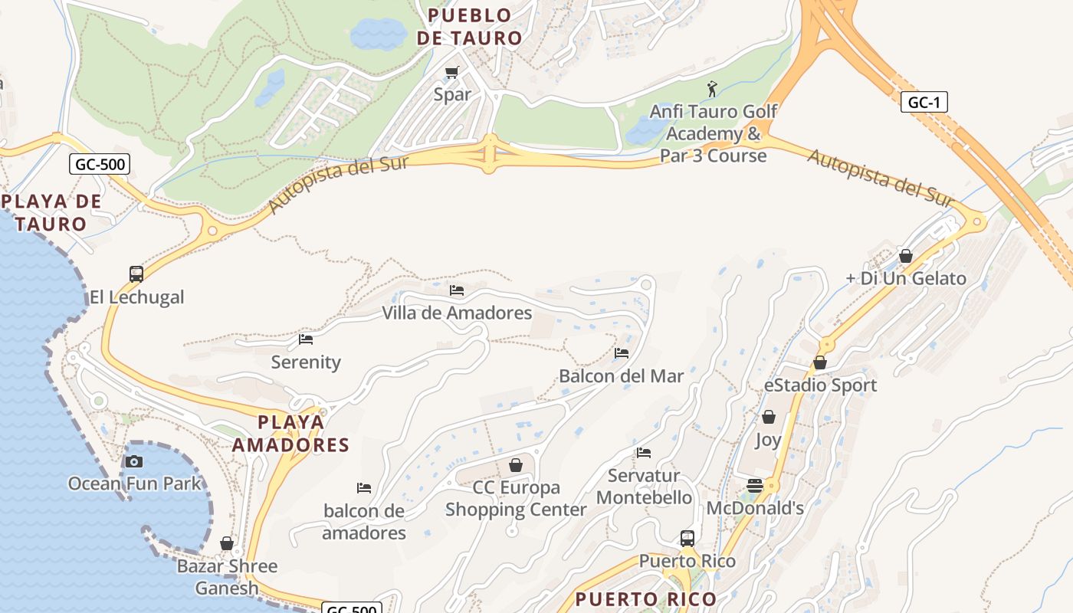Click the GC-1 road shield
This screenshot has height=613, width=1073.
[924, 103]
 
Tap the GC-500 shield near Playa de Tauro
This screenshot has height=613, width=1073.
[100, 164]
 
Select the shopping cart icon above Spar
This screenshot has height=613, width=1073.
[451, 73]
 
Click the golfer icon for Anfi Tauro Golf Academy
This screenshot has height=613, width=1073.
[712, 90]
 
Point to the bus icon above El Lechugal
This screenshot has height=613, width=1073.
[136, 274]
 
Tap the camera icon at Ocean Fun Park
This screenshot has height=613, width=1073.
[134, 461]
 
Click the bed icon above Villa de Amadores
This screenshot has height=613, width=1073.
[457, 290]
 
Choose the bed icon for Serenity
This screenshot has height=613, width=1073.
[306, 339]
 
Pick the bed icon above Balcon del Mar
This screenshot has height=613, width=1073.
[622, 353]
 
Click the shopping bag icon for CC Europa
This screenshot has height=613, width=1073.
[516, 465]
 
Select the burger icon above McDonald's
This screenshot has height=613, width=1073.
[755, 486]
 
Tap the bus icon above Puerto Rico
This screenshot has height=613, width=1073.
[687, 539]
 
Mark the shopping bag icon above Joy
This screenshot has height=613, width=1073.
[768, 418]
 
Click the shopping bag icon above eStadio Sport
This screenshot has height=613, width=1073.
[820, 362]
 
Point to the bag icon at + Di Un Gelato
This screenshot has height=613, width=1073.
[906, 256]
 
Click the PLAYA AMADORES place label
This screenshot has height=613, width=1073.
[290, 433]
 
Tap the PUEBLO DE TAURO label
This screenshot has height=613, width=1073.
[469, 26]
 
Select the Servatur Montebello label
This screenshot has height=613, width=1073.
[644, 487]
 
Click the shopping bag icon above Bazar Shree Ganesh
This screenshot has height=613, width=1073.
[227, 543]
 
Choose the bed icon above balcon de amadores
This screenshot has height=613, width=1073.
[364, 488]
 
